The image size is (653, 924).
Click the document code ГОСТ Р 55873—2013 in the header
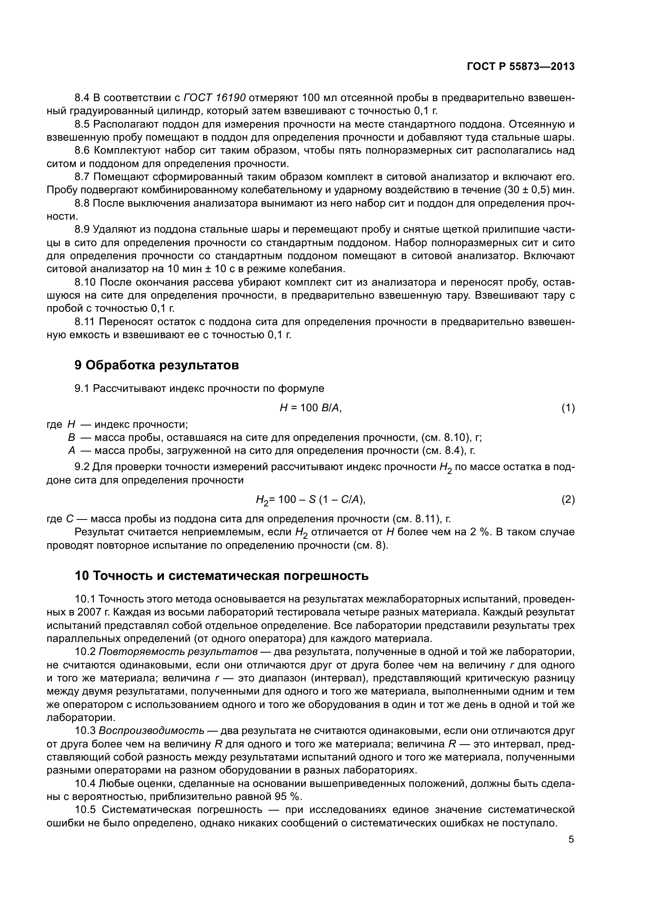521,66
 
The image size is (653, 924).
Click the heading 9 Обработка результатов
157,365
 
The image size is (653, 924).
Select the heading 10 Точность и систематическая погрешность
221,576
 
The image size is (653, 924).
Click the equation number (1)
568,408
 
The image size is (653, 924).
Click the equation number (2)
568,499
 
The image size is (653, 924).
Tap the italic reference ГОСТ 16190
215,98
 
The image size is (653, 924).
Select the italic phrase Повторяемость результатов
178,651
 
